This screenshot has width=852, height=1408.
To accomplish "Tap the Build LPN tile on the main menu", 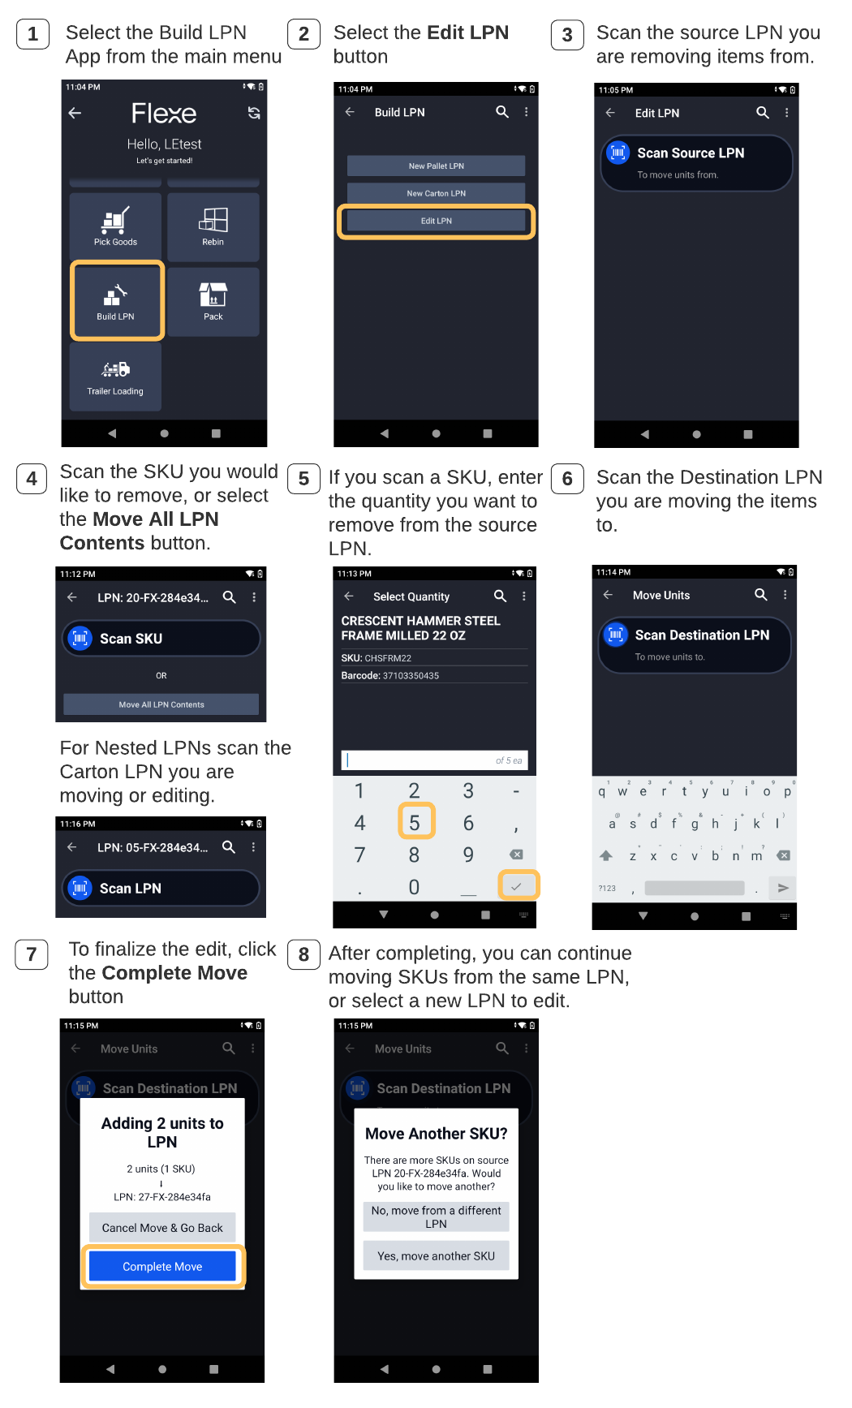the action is pyautogui.click(x=117, y=300).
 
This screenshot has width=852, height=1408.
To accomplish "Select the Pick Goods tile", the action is pyautogui.click(x=115, y=226).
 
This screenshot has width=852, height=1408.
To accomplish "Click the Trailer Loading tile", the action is pyautogui.click(x=115, y=376).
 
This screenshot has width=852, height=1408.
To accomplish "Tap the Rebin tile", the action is pyautogui.click(x=213, y=226).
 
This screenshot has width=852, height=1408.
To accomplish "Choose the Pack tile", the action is pyautogui.click(x=213, y=301).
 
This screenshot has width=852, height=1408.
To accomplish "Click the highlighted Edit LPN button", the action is pyautogui.click(x=436, y=221).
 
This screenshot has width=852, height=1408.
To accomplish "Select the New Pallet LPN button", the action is pyautogui.click(x=436, y=166).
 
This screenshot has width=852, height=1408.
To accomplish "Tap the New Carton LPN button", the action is pyautogui.click(x=436, y=193).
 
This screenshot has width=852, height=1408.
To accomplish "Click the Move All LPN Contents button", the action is pyautogui.click(x=161, y=704).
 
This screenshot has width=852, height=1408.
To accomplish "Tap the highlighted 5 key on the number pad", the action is pyautogui.click(x=416, y=821).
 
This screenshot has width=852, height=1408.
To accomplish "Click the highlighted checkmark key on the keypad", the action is pyautogui.click(x=518, y=885).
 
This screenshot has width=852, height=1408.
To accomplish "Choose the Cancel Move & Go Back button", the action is pyautogui.click(x=162, y=1228).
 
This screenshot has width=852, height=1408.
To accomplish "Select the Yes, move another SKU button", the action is pyautogui.click(x=436, y=1255).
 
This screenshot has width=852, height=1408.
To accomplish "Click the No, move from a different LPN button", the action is pyautogui.click(x=436, y=1217).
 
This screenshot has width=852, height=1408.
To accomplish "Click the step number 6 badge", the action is pyautogui.click(x=567, y=479).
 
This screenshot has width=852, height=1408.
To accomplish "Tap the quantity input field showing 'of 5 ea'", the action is pyautogui.click(x=435, y=760).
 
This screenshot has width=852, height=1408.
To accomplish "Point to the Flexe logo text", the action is pyautogui.click(x=164, y=114).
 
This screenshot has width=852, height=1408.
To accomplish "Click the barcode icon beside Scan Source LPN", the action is pyautogui.click(x=618, y=152).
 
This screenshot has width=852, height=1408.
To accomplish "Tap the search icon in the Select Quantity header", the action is pyautogui.click(x=501, y=596).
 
